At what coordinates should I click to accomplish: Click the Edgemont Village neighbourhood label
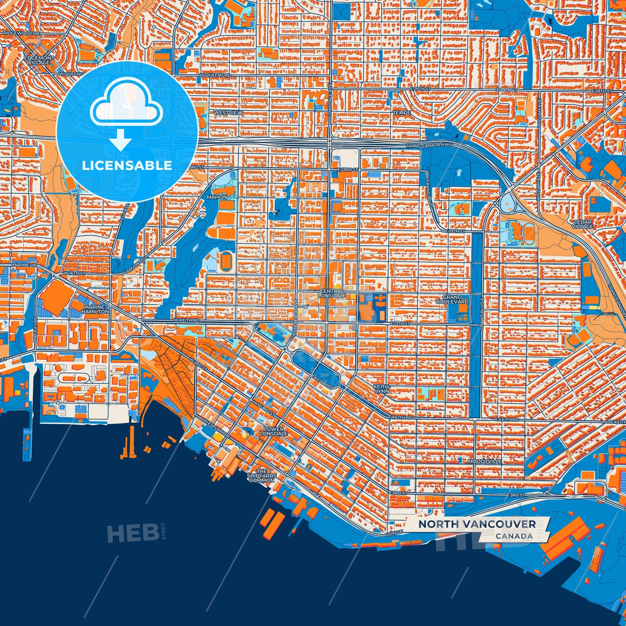point(39,60)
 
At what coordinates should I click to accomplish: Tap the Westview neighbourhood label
point(228,113)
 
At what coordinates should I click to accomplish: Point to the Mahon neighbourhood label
point(217,197)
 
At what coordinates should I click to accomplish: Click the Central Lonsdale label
point(332,293)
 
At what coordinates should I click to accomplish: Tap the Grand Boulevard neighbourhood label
point(452,299)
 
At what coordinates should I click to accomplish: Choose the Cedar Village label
point(583,224)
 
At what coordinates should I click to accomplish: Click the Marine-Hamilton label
point(95,309)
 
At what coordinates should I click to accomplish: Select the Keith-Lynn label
point(381,388)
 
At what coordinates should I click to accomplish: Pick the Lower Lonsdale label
point(273,431)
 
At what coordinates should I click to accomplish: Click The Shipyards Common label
point(262,476)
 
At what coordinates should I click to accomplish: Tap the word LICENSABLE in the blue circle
point(127,165)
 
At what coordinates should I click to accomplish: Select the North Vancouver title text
point(477,524)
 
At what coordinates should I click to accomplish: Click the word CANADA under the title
point(514,536)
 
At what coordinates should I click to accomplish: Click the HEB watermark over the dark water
point(133,533)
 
